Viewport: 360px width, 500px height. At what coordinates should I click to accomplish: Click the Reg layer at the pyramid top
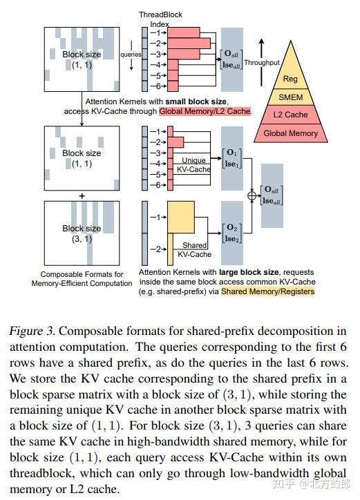[x=291, y=79]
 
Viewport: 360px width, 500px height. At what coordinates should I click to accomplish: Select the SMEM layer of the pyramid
[x=291, y=97]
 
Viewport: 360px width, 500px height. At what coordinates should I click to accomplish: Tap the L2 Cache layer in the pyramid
[x=291, y=115]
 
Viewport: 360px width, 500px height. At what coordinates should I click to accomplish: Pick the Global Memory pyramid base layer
[x=291, y=133]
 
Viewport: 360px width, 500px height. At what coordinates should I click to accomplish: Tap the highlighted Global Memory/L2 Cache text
[x=205, y=110]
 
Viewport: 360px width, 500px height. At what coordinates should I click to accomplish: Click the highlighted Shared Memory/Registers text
[x=267, y=291]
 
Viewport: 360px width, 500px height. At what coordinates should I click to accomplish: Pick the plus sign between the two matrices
[x=82, y=195]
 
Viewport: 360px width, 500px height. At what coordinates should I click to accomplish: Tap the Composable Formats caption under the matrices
[x=82, y=278]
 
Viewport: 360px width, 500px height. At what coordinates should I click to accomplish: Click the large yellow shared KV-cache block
[x=182, y=218]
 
